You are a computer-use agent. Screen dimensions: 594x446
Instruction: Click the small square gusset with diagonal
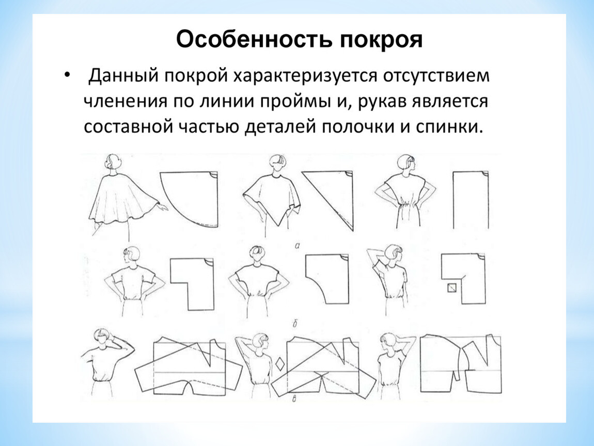(452, 288)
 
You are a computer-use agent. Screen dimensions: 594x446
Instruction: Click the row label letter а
(297, 246)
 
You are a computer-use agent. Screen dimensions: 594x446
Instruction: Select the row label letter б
(295, 324)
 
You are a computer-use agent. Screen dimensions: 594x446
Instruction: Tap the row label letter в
(294, 399)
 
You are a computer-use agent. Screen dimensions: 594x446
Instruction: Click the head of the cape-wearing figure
(113, 163)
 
